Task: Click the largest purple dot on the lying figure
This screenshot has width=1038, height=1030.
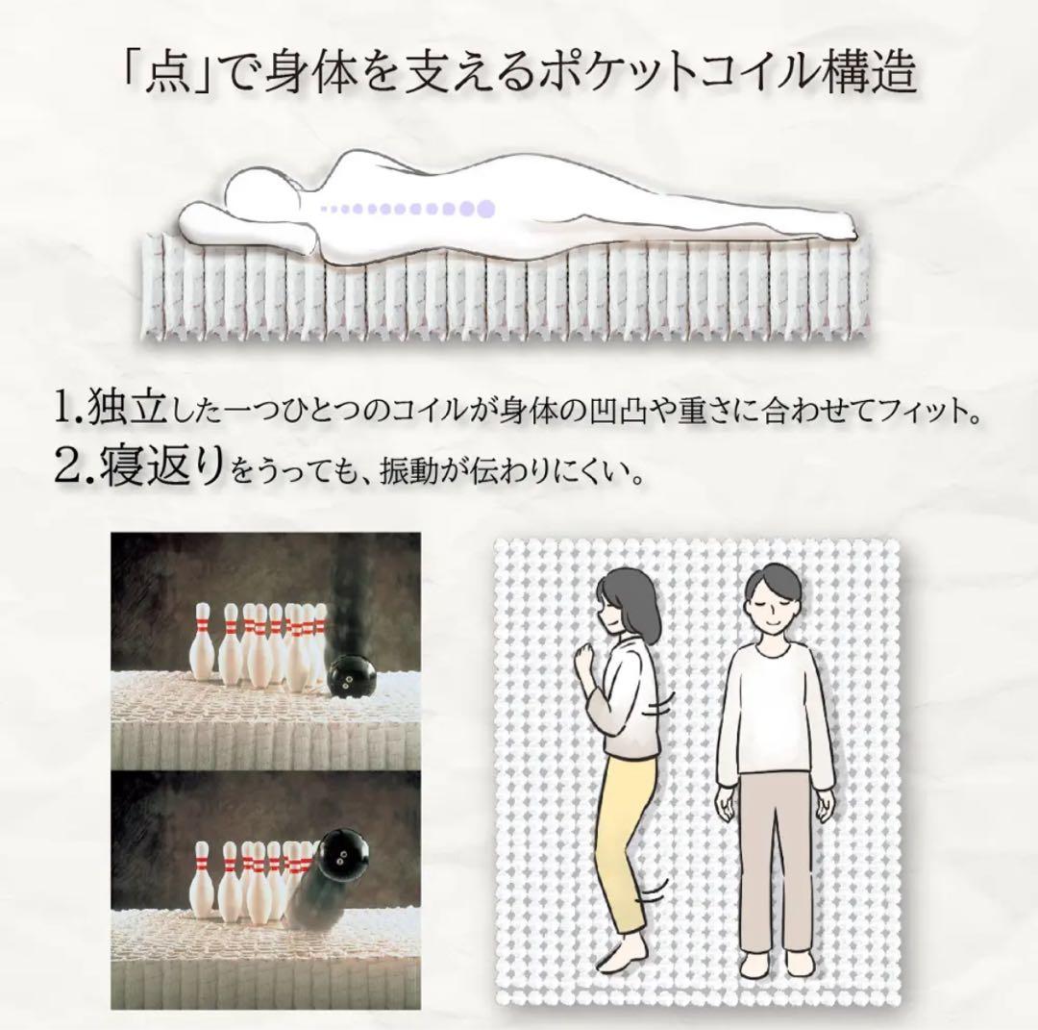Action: point(485,207)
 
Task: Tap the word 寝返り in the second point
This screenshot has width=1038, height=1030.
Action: point(162,466)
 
